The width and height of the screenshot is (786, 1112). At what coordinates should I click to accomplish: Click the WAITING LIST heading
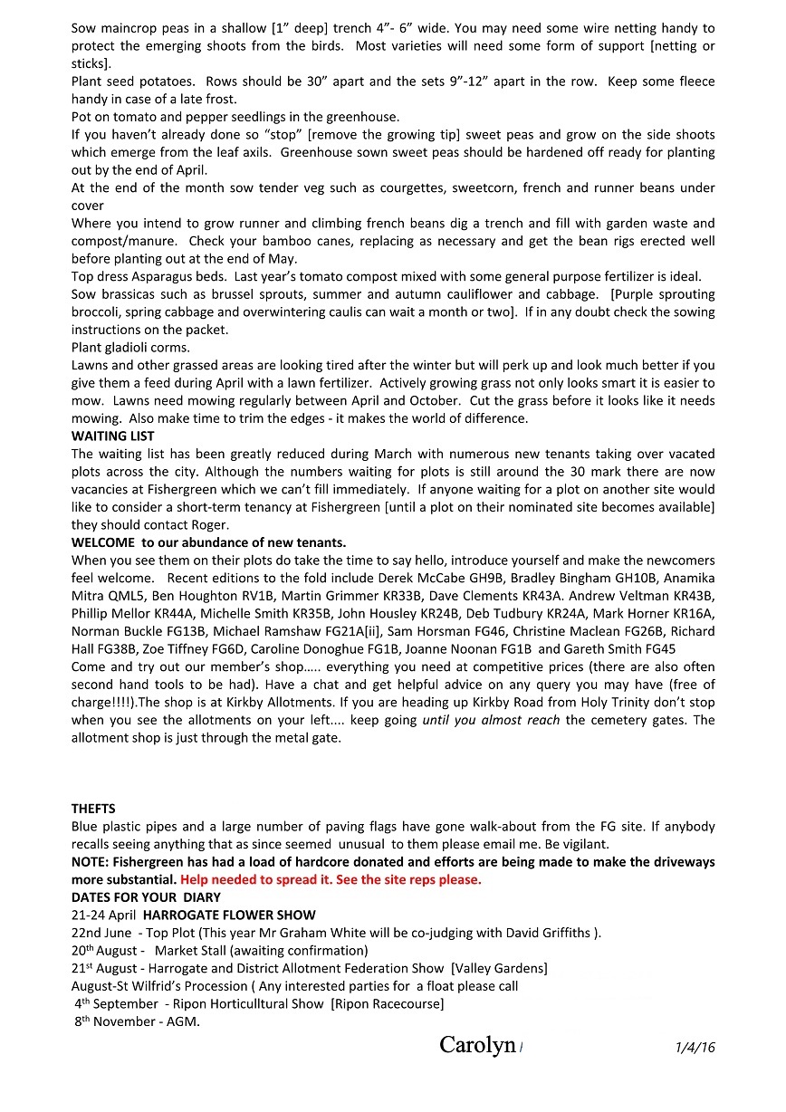point(112,436)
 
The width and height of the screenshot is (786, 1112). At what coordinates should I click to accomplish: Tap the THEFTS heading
point(93,809)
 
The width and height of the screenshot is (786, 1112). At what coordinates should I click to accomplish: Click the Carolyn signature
point(477,1045)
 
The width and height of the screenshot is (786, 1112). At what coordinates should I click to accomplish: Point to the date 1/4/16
point(695,1047)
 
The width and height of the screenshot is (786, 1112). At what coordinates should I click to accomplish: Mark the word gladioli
point(131,348)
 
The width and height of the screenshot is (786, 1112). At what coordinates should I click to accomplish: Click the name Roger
point(207,524)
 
